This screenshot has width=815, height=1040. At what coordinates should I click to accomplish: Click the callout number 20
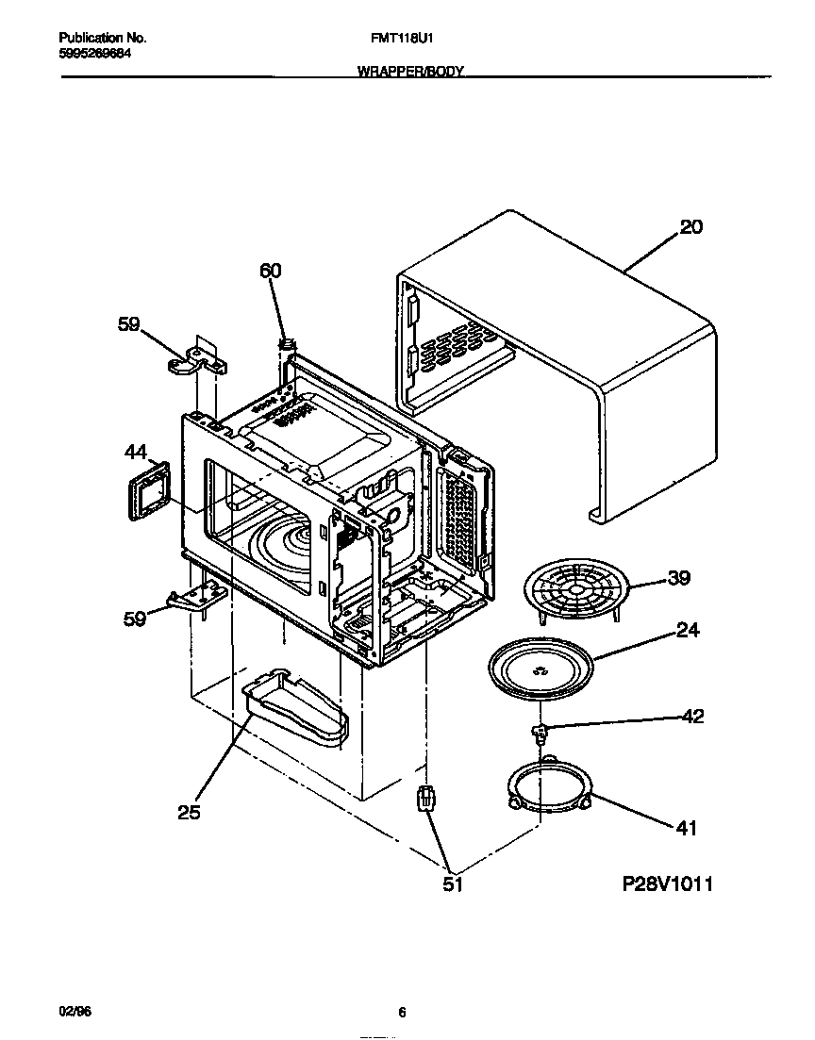[690, 227]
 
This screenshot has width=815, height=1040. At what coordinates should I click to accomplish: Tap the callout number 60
[270, 271]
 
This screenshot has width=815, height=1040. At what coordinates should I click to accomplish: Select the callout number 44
[136, 453]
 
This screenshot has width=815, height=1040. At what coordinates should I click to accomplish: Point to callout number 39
[678, 578]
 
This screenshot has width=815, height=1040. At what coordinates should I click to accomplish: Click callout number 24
[688, 630]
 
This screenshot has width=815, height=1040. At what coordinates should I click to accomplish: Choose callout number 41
[686, 828]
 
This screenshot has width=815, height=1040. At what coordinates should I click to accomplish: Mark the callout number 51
[454, 884]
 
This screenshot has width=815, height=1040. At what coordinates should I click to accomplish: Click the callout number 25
[189, 812]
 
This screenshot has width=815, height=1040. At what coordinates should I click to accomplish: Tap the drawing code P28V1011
[667, 884]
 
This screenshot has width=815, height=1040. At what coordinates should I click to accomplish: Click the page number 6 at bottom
[402, 1013]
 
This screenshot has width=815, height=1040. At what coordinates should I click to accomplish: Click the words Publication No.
[102, 39]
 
